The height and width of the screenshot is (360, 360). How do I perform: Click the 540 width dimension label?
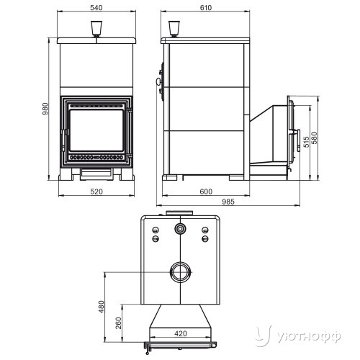[96, 8]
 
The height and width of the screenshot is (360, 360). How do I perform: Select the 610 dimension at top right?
[206, 8]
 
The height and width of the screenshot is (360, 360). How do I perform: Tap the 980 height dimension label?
[45, 109]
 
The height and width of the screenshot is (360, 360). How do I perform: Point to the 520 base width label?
[96, 192]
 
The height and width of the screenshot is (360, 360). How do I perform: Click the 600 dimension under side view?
[206, 192]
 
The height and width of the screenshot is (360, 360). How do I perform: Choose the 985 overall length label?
[228, 202]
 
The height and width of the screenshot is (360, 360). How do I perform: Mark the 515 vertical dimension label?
[306, 142]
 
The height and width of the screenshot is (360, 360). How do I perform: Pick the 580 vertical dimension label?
[314, 138]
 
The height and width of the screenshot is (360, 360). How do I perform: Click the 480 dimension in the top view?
[102, 307]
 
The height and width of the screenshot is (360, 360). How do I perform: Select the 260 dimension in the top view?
[119, 323]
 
